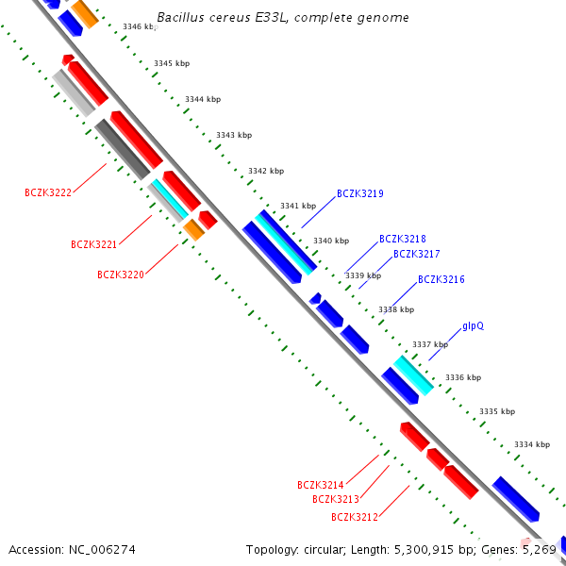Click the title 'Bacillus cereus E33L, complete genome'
click(283, 17)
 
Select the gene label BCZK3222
click(48, 192)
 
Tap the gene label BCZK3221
click(93, 244)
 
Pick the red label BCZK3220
click(121, 275)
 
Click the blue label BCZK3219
click(360, 193)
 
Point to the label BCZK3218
click(403, 239)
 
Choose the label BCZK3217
click(417, 254)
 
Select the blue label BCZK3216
click(441, 279)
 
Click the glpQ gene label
click(473, 326)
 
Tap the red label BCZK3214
click(320, 485)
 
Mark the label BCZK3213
click(336, 499)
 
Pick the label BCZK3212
click(355, 517)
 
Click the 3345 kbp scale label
click(172, 63)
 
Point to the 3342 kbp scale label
click(266, 171)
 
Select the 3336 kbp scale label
click(463, 377)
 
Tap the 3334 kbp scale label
click(532, 444)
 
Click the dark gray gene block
click(123, 149)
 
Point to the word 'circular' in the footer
click(325, 550)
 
